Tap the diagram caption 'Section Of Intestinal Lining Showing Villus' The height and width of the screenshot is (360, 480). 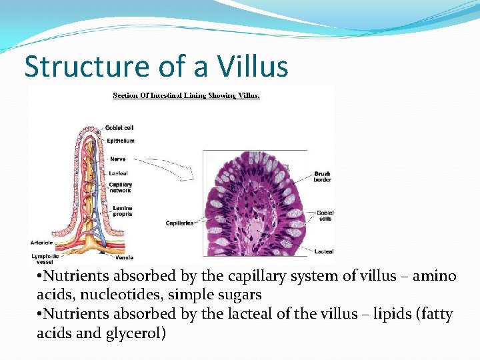coord(186,95)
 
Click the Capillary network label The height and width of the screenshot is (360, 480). coord(121,187)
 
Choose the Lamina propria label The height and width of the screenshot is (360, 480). coord(122,211)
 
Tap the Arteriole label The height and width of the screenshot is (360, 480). coord(41,241)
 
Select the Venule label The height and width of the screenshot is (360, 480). coord(125,257)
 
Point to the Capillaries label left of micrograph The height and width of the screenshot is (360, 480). coord(179,223)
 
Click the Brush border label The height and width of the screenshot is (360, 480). coord(323,177)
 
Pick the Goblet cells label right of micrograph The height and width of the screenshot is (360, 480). coord(325,215)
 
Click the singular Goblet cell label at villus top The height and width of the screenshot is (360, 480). coord(120,127)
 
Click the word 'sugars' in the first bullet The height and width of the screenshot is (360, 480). coord(241,294)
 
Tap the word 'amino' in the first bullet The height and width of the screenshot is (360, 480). coord(433,275)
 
